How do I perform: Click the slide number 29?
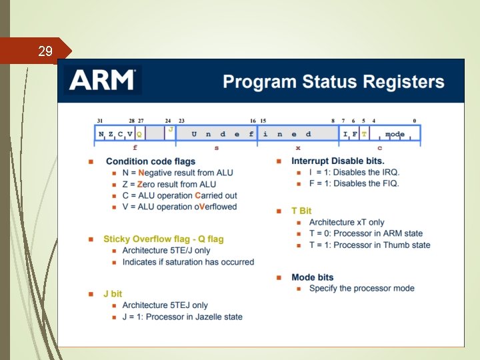coord(45,51)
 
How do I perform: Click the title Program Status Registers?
coord(333,82)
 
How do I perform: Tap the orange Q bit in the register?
coord(139,134)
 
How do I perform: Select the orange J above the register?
coord(171,129)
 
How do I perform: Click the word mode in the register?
coord(395,134)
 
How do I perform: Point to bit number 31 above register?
coord(99,121)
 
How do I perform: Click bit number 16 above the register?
coord(253,121)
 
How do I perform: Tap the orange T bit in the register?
coord(364,134)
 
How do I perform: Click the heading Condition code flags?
coord(151,161)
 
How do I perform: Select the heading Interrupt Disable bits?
coord(338,161)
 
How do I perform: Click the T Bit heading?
coord(301,211)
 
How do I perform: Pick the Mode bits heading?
coord(312,277)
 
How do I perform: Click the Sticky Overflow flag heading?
coord(163,239)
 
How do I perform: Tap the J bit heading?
coord(113,294)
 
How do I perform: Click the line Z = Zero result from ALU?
coord(169,184)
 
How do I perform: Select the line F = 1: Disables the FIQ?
coord(354,183)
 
